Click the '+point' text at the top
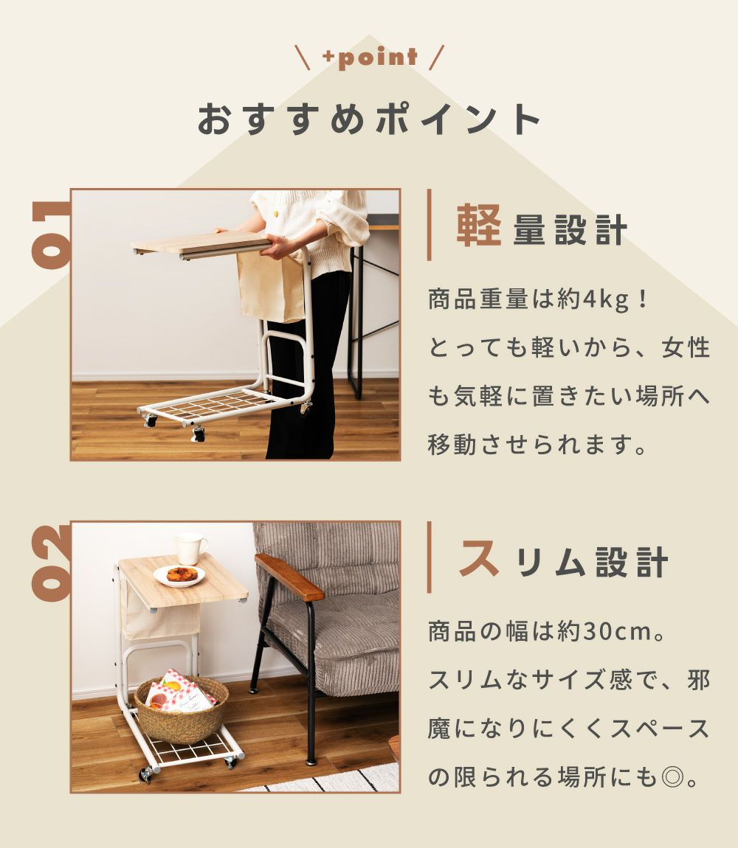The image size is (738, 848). pos(370,58)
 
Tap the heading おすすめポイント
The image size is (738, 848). pos(369,119)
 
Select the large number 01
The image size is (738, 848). pos(52,234)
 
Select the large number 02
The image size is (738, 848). pos(52,563)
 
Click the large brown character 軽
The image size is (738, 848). pos(479,226)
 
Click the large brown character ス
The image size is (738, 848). pos(479,557)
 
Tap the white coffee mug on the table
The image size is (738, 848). pos(190,549)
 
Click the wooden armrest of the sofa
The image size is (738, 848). pos(289,577)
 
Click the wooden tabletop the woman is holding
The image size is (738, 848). pos(201,244)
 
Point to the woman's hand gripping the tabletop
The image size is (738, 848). pos(280,246)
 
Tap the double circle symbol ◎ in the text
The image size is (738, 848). pos(672,778)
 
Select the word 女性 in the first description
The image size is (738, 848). pos(686,347)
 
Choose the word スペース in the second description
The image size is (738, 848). pos(660,729)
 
